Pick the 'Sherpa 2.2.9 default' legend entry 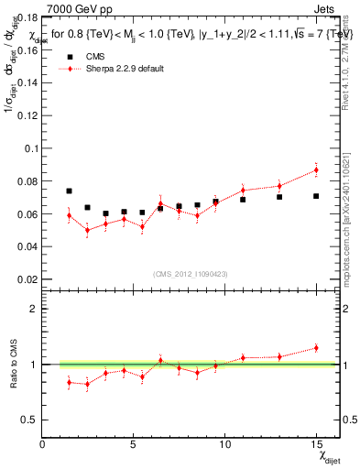125,69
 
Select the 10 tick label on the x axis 224,444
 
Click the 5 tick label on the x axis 134,444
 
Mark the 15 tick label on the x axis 316,444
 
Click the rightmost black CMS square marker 316,196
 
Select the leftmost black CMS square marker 69,191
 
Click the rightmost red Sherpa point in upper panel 316,169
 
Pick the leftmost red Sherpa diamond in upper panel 69,215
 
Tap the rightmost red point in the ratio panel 316,347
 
